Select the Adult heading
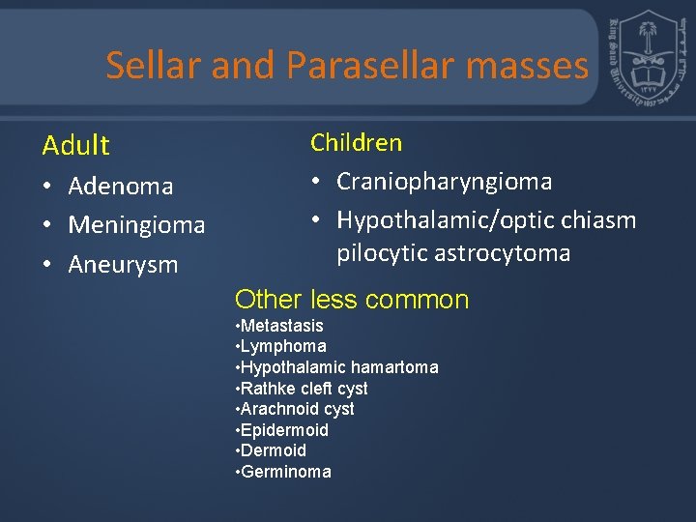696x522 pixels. click(75, 146)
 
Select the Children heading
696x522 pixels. click(356, 143)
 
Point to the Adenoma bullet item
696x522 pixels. click(120, 186)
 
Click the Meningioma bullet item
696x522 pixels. click(136, 225)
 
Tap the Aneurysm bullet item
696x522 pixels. click(123, 265)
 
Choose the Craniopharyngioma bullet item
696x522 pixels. click(444, 182)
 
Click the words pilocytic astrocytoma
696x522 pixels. click(453, 254)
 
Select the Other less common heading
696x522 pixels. click(352, 300)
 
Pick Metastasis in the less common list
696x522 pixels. click(281, 326)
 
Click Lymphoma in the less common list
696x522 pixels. click(283, 346)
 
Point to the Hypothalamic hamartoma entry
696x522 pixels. click(338, 367)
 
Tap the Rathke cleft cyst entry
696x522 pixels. click(304, 389)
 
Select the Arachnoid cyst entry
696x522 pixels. click(297, 409)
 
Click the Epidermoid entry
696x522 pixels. click(284, 430)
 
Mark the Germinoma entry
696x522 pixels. click(285, 472)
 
